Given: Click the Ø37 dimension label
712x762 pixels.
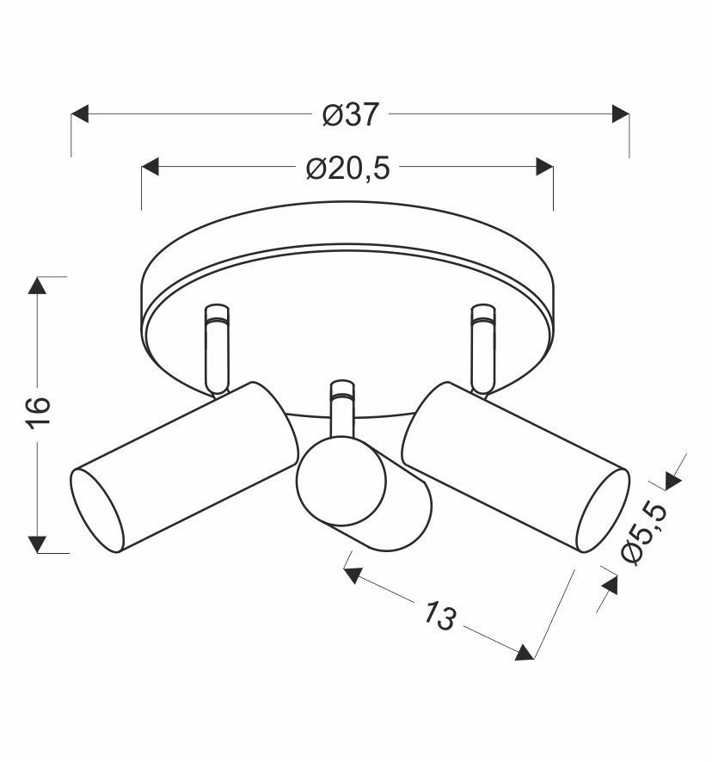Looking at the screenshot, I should click(350, 114).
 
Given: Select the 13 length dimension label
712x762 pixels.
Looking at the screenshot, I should click(439, 616).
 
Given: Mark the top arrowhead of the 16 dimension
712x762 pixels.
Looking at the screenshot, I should click(38, 286).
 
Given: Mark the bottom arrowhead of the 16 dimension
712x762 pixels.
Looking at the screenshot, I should click(38, 544).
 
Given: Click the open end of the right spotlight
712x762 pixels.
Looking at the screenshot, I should click(601, 511).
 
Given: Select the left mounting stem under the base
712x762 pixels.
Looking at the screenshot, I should click(216, 348).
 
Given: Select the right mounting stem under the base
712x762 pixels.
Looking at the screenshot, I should click(482, 348).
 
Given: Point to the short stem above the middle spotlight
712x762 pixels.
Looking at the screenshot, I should click(342, 410).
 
